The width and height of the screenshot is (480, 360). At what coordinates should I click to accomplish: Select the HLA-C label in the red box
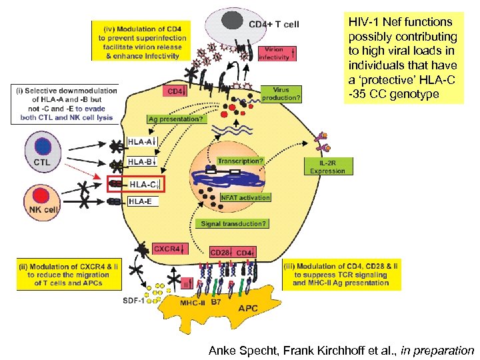(x=142, y=184)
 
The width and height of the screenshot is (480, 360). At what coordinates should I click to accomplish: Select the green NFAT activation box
(x=245, y=197)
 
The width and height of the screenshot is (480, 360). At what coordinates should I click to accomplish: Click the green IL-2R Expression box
(x=327, y=167)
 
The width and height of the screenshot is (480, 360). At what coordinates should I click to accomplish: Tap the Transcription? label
(x=240, y=161)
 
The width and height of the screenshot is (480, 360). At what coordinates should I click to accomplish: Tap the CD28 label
(x=220, y=253)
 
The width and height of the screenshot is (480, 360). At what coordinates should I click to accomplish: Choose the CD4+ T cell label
(x=273, y=25)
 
